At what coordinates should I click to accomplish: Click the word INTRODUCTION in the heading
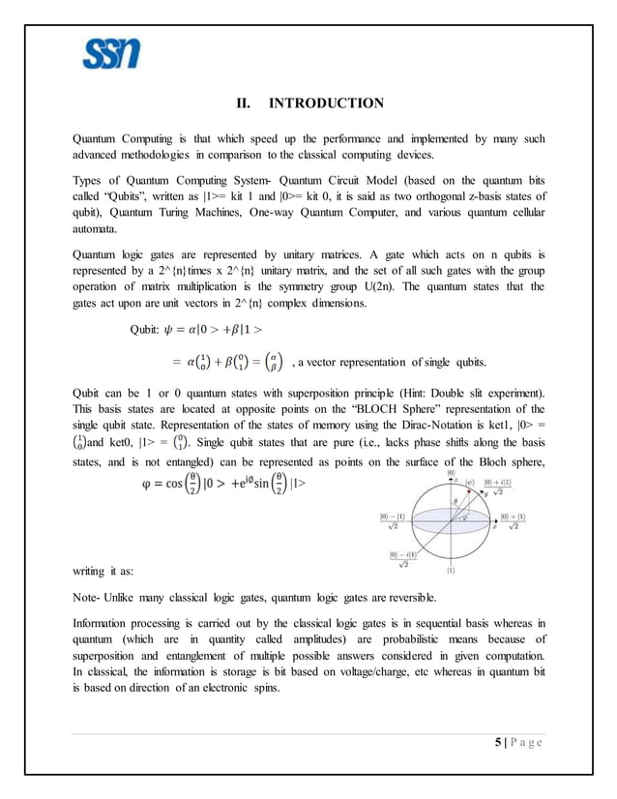tap(326, 104)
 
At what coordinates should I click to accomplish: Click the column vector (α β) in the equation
tap(275, 362)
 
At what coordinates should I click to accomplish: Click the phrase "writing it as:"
tap(110, 571)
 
